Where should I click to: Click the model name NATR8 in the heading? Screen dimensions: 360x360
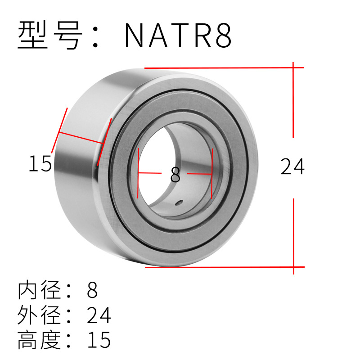pyautogui.click(x=178, y=35)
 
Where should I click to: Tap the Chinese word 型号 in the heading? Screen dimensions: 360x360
pyautogui.click(x=50, y=35)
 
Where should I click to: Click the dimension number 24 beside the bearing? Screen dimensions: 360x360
pyautogui.click(x=292, y=166)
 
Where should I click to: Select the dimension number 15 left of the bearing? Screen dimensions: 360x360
pyautogui.click(x=40, y=163)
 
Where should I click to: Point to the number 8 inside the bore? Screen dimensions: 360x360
pyautogui.click(x=175, y=175)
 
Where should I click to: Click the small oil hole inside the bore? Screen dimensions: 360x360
pyautogui.click(x=179, y=202)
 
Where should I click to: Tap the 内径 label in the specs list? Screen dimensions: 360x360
pyautogui.click(x=39, y=290)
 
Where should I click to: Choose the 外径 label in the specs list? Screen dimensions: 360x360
pyautogui.click(x=39, y=315)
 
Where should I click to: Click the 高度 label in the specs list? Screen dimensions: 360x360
pyautogui.click(x=39, y=340)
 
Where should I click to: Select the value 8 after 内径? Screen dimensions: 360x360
pyautogui.click(x=92, y=290)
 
